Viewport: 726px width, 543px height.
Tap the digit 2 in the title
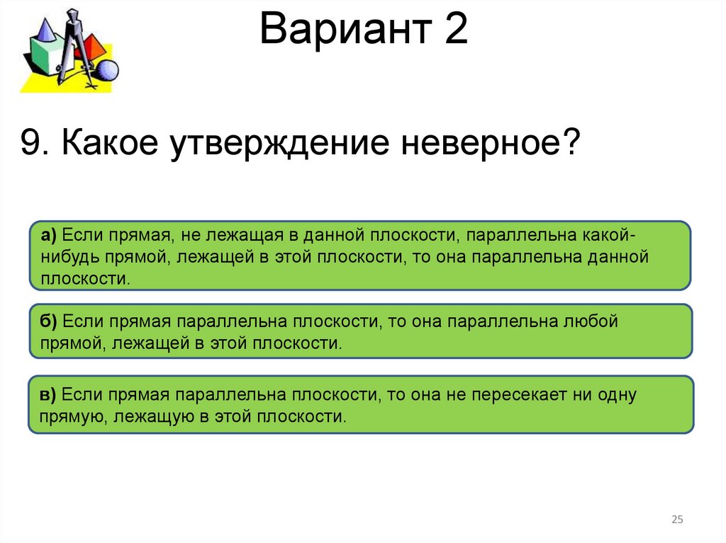click(x=456, y=32)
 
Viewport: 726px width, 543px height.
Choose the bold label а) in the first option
click(x=49, y=235)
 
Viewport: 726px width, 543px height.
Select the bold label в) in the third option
click(x=49, y=395)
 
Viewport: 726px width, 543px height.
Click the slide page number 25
click(x=676, y=520)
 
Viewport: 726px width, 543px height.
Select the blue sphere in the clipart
click(x=106, y=70)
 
